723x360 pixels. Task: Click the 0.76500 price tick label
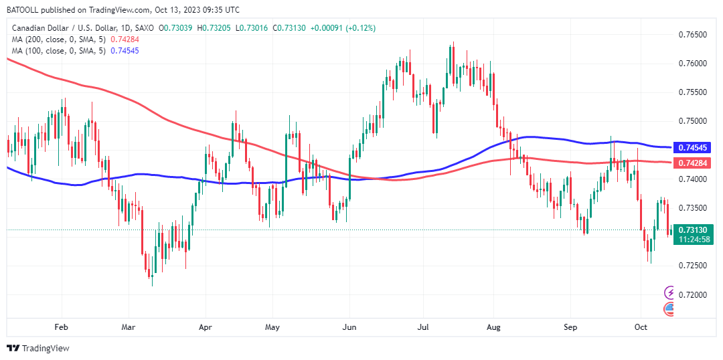click(693, 34)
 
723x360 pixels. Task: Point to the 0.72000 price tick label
click(693, 294)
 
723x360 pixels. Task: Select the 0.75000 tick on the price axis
click(693, 121)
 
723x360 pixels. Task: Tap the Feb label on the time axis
click(61, 327)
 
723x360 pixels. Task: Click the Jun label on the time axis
click(349, 327)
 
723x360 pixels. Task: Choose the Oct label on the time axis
click(641, 327)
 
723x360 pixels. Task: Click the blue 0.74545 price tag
click(694, 147)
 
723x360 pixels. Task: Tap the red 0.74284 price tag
click(694, 163)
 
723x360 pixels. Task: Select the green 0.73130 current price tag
click(694, 230)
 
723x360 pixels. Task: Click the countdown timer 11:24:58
click(694, 239)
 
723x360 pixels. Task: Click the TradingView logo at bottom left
click(38, 349)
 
